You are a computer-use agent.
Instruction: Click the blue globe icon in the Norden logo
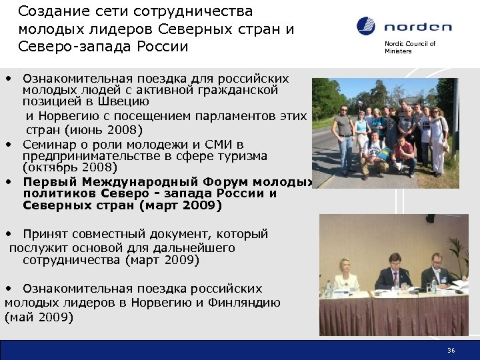366,26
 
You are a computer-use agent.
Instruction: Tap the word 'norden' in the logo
417,27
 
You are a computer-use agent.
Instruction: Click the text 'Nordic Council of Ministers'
409,47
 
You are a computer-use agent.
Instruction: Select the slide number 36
451,350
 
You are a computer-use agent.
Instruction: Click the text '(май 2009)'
39,317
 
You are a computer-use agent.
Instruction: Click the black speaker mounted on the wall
430,218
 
